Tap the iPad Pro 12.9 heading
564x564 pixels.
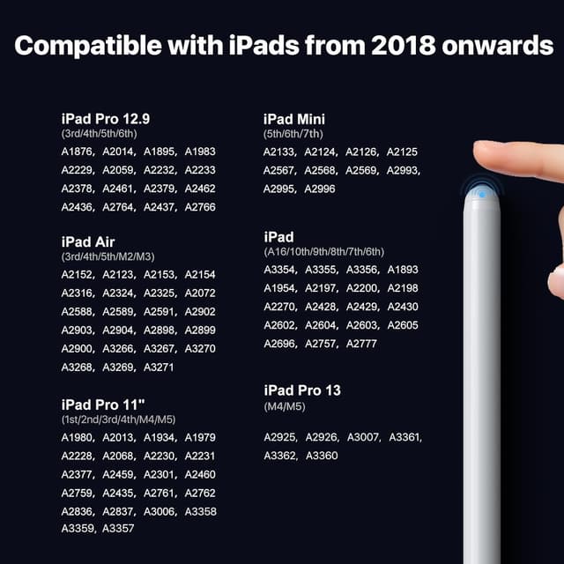[106, 118]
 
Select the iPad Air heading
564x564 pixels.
[88, 241]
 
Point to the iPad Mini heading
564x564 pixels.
[297, 119]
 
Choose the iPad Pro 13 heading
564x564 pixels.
[302, 390]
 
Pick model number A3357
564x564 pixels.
[118, 529]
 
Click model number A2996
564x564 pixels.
[320, 189]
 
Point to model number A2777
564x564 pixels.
[361, 344]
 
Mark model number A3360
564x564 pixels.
[322, 456]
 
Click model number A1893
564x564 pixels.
[403, 270]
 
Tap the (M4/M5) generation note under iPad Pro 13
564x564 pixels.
[284, 406]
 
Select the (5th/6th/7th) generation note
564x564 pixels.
[293, 134]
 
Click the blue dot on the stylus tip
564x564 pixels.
[481, 196]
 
